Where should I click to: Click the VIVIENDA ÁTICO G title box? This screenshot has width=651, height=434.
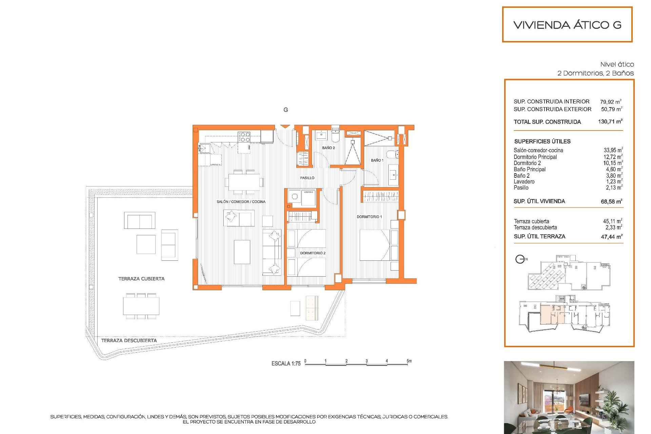pyautogui.click(x=567, y=25)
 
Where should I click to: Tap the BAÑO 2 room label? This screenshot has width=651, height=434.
pyautogui.click(x=328, y=148)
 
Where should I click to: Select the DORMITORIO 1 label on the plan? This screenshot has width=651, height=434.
pyautogui.click(x=369, y=217)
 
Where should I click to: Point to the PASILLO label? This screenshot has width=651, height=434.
pyautogui.click(x=307, y=178)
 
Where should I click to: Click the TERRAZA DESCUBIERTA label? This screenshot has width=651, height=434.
pyautogui.click(x=129, y=340)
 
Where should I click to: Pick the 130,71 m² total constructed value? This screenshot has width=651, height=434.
pyautogui.click(x=610, y=121)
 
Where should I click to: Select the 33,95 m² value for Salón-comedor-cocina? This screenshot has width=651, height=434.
pyautogui.click(x=613, y=150)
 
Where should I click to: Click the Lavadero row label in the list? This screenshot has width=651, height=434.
pyautogui.click(x=524, y=182)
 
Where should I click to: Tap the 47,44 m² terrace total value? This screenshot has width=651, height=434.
pyautogui.click(x=611, y=237)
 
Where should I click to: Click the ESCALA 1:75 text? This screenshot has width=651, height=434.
pyautogui.click(x=286, y=363)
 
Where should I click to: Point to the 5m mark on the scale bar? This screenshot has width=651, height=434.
pyautogui.click(x=409, y=361)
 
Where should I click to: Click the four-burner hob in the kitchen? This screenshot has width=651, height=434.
pyautogui.click(x=244, y=137)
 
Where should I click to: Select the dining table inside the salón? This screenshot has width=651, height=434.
pyautogui.click(x=244, y=182)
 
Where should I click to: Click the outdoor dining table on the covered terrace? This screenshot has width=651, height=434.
pyautogui.click(x=141, y=306)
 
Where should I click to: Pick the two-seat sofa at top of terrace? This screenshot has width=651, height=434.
pyautogui.click(x=139, y=221)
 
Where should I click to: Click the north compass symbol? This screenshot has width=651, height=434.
pyautogui.click(x=520, y=259)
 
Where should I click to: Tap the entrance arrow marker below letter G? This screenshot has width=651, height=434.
pyautogui.click(x=285, y=127)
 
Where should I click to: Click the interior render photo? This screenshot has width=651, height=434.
pyautogui.click(x=569, y=397)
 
